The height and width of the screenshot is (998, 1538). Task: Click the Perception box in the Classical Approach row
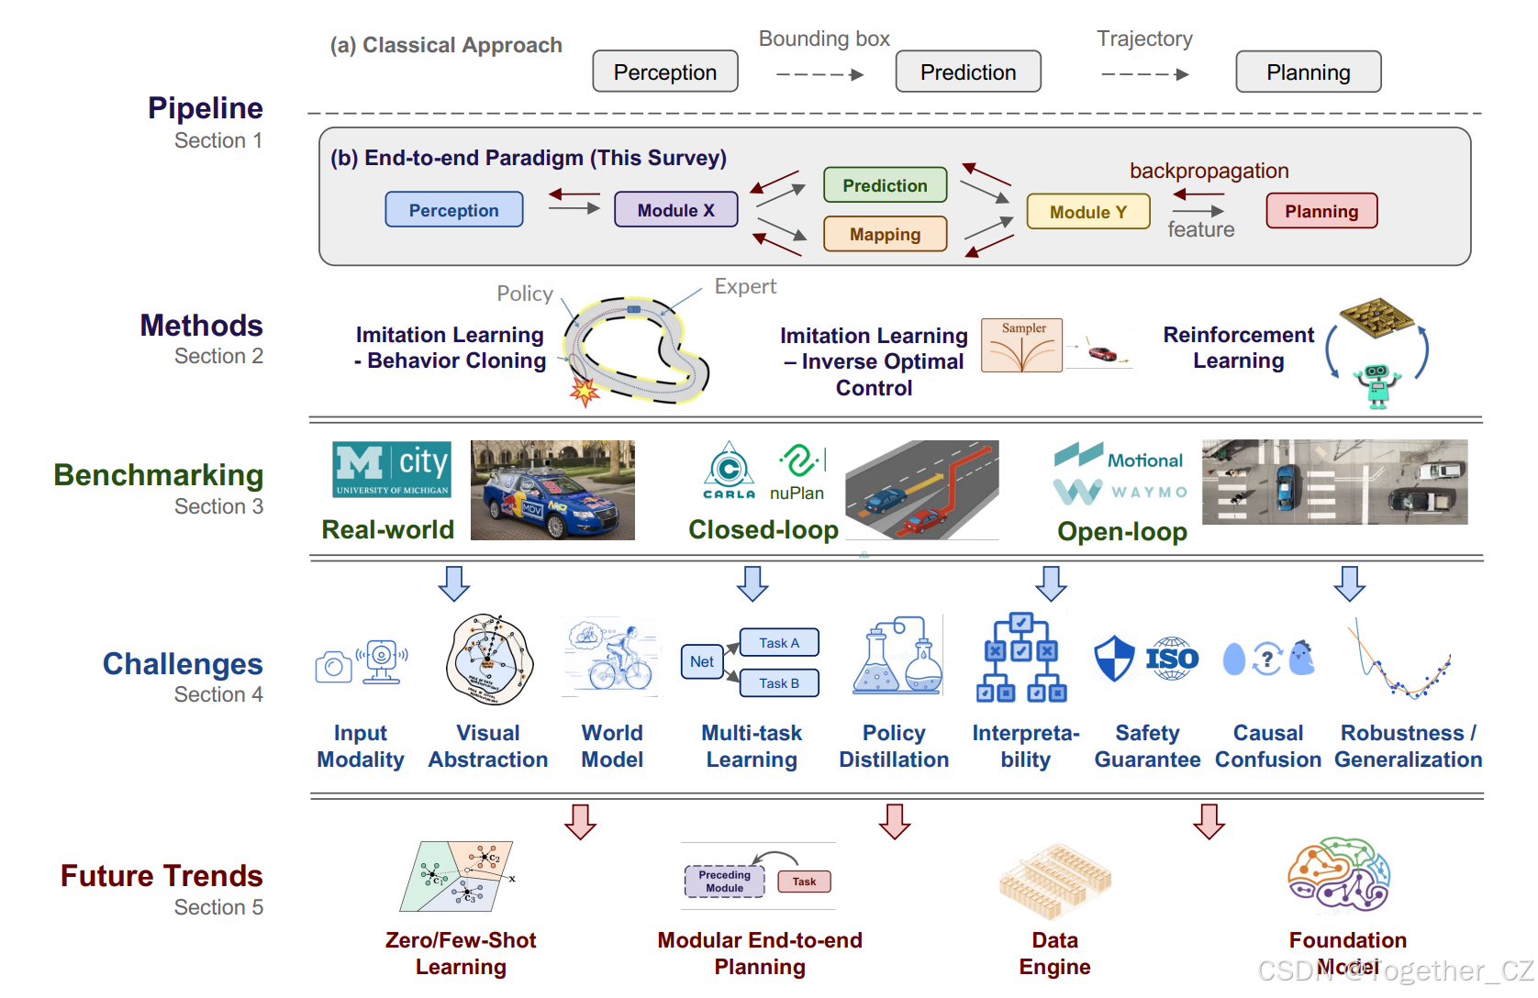coord(664,72)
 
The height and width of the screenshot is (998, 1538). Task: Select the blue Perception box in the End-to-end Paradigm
coord(453,210)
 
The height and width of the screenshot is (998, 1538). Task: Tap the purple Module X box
coord(675,210)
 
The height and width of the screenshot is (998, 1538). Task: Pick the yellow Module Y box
coord(1087,212)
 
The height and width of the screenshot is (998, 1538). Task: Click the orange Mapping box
coord(885,234)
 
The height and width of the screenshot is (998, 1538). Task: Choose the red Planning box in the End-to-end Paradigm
coord(1321,211)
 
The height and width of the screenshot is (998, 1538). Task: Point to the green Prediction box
coord(885,185)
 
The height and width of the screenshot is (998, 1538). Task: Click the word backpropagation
coord(1209,171)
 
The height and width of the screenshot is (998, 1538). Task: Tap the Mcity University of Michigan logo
coord(392,469)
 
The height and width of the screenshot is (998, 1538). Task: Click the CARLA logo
coord(730,470)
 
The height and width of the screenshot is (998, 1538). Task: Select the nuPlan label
coord(797,493)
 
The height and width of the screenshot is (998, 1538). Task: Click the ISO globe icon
coord(1172,659)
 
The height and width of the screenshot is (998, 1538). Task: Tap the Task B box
coord(779,683)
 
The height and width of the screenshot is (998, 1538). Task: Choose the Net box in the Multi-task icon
coord(702,661)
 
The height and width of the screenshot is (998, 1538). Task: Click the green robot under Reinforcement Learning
coord(1376,384)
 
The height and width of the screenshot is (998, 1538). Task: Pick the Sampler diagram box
coord(1021,346)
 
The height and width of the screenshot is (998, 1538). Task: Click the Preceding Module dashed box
coord(724,882)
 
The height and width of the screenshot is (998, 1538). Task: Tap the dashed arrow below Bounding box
coord(819,75)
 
